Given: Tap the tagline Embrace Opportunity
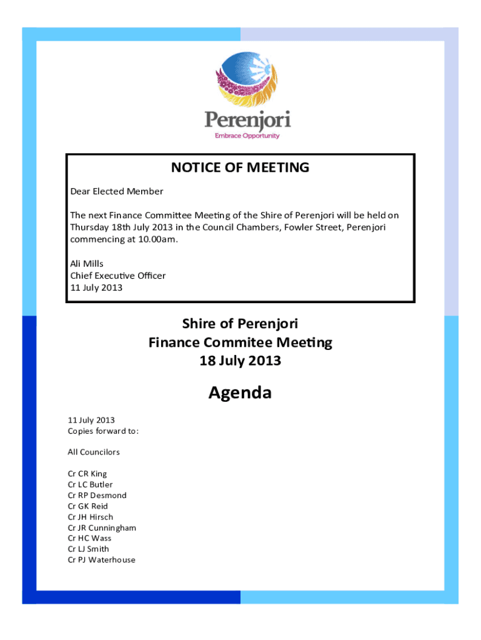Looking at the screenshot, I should (x=247, y=136).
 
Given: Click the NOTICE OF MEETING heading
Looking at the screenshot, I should (x=241, y=167).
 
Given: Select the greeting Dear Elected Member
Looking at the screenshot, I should (x=116, y=191).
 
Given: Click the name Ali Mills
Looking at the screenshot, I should (x=87, y=264).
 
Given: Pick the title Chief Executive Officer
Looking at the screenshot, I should (x=118, y=275).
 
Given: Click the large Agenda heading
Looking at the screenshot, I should (x=240, y=393).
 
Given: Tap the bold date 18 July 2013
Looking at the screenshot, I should (x=240, y=361).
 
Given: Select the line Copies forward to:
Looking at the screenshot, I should (x=103, y=431).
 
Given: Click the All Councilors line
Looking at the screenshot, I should (x=94, y=452).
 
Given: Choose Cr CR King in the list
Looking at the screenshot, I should (x=87, y=474).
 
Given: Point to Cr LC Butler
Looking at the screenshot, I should (x=90, y=484).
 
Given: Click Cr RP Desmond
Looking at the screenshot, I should (x=97, y=495).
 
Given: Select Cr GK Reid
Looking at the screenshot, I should (x=88, y=506).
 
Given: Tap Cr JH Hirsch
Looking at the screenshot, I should (x=91, y=517).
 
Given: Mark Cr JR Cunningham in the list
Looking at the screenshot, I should (x=102, y=527).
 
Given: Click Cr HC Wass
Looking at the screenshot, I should (x=89, y=538).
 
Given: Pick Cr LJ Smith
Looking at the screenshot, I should (x=88, y=549).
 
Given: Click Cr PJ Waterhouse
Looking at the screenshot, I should (x=101, y=560).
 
